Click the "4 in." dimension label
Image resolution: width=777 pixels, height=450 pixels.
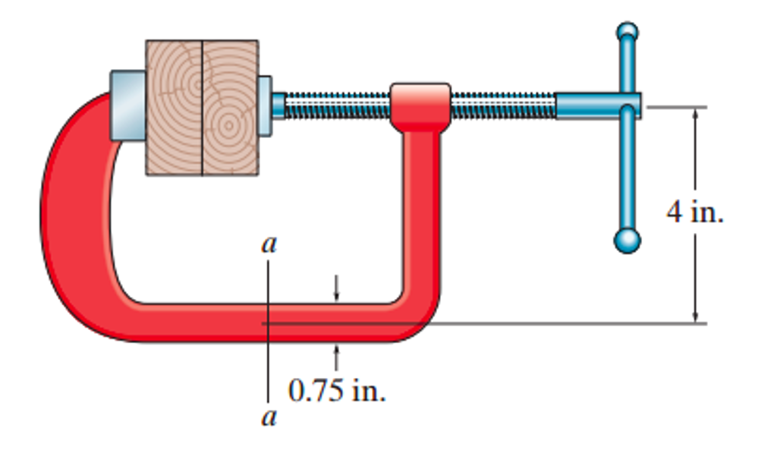tap(694, 212)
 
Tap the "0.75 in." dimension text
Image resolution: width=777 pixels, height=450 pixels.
tap(336, 391)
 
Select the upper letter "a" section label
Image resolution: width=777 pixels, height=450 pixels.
tap(269, 245)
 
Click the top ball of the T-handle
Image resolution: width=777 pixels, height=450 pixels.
tap(627, 32)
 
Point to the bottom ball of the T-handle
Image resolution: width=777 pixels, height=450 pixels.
tap(627, 241)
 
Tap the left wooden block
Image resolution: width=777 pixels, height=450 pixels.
tap(174, 108)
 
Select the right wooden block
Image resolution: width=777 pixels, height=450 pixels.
tap(230, 108)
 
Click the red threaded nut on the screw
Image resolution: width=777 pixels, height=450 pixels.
tap(420, 105)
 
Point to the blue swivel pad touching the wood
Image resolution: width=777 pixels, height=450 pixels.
tap(264, 105)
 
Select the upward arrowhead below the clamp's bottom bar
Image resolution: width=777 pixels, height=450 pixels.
tap(336, 350)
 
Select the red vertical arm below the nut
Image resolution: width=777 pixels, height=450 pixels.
tap(420, 212)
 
